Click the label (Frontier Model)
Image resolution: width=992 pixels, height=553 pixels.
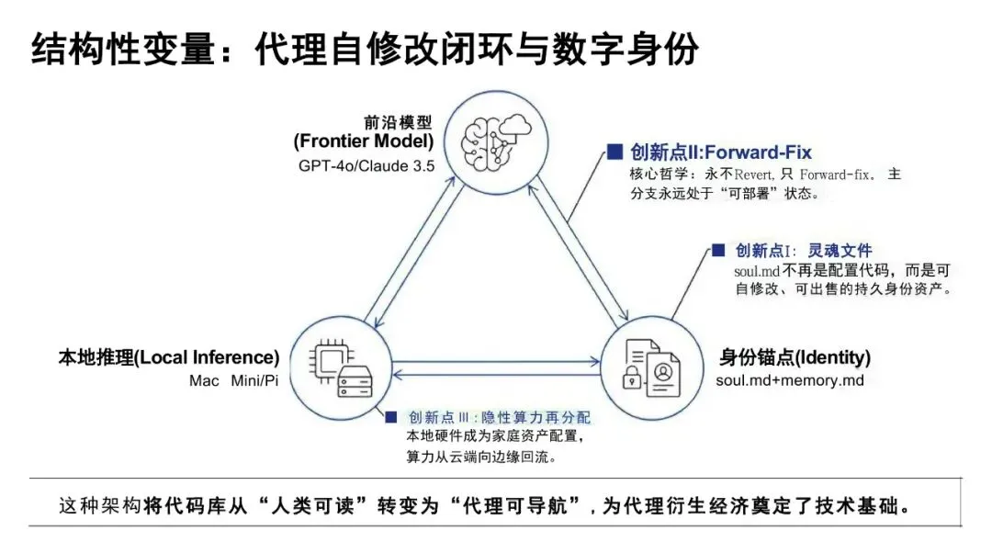pyautogui.click(x=364, y=141)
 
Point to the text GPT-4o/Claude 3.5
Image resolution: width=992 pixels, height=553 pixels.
pyautogui.click(x=366, y=165)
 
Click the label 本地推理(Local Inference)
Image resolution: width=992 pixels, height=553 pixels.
pyautogui.click(x=168, y=357)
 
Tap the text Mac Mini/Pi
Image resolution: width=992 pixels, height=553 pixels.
pyautogui.click(x=233, y=380)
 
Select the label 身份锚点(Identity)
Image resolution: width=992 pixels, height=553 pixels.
pyautogui.click(x=795, y=357)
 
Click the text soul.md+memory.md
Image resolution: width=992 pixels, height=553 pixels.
pyautogui.click(x=791, y=380)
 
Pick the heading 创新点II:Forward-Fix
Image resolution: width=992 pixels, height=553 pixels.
pyautogui.click(x=721, y=152)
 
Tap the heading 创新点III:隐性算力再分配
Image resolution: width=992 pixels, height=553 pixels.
pyautogui.click(x=500, y=418)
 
